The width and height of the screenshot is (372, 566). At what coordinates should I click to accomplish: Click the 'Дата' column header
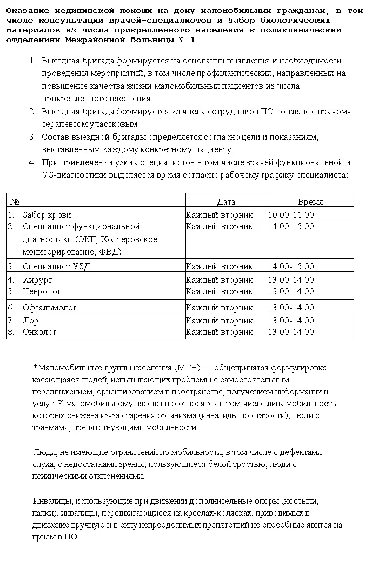pyautogui.click(x=226, y=201)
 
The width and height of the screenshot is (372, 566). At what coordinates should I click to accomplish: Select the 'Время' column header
pyautogui.click(x=310, y=201)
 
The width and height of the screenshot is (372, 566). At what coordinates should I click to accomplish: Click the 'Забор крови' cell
pyautogui.click(x=47, y=214)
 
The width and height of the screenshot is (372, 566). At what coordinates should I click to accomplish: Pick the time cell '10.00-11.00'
pyautogui.click(x=291, y=214)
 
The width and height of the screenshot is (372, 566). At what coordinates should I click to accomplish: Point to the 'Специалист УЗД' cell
pyautogui.click(x=57, y=266)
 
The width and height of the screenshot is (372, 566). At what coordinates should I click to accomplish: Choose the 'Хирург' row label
pyautogui.click(x=38, y=279)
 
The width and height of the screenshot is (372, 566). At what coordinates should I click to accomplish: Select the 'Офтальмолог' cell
pyautogui.click(x=50, y=307)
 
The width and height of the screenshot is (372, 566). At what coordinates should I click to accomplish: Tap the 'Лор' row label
pyautogui.click(x=30, y=320)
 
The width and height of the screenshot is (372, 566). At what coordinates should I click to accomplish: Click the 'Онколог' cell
pyautogui.click(x=39, y=331)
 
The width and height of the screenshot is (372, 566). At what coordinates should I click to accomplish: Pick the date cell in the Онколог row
pyautogui.click(x=220, y=331)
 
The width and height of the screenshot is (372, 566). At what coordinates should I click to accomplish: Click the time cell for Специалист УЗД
pyautogui.click(x=291, y=266)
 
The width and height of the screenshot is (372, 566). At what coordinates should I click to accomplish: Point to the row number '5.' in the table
pyautogui.click(x=11, y=291)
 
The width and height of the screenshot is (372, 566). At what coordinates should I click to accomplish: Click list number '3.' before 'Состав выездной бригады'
pyautogui.click(x=32, y=137)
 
